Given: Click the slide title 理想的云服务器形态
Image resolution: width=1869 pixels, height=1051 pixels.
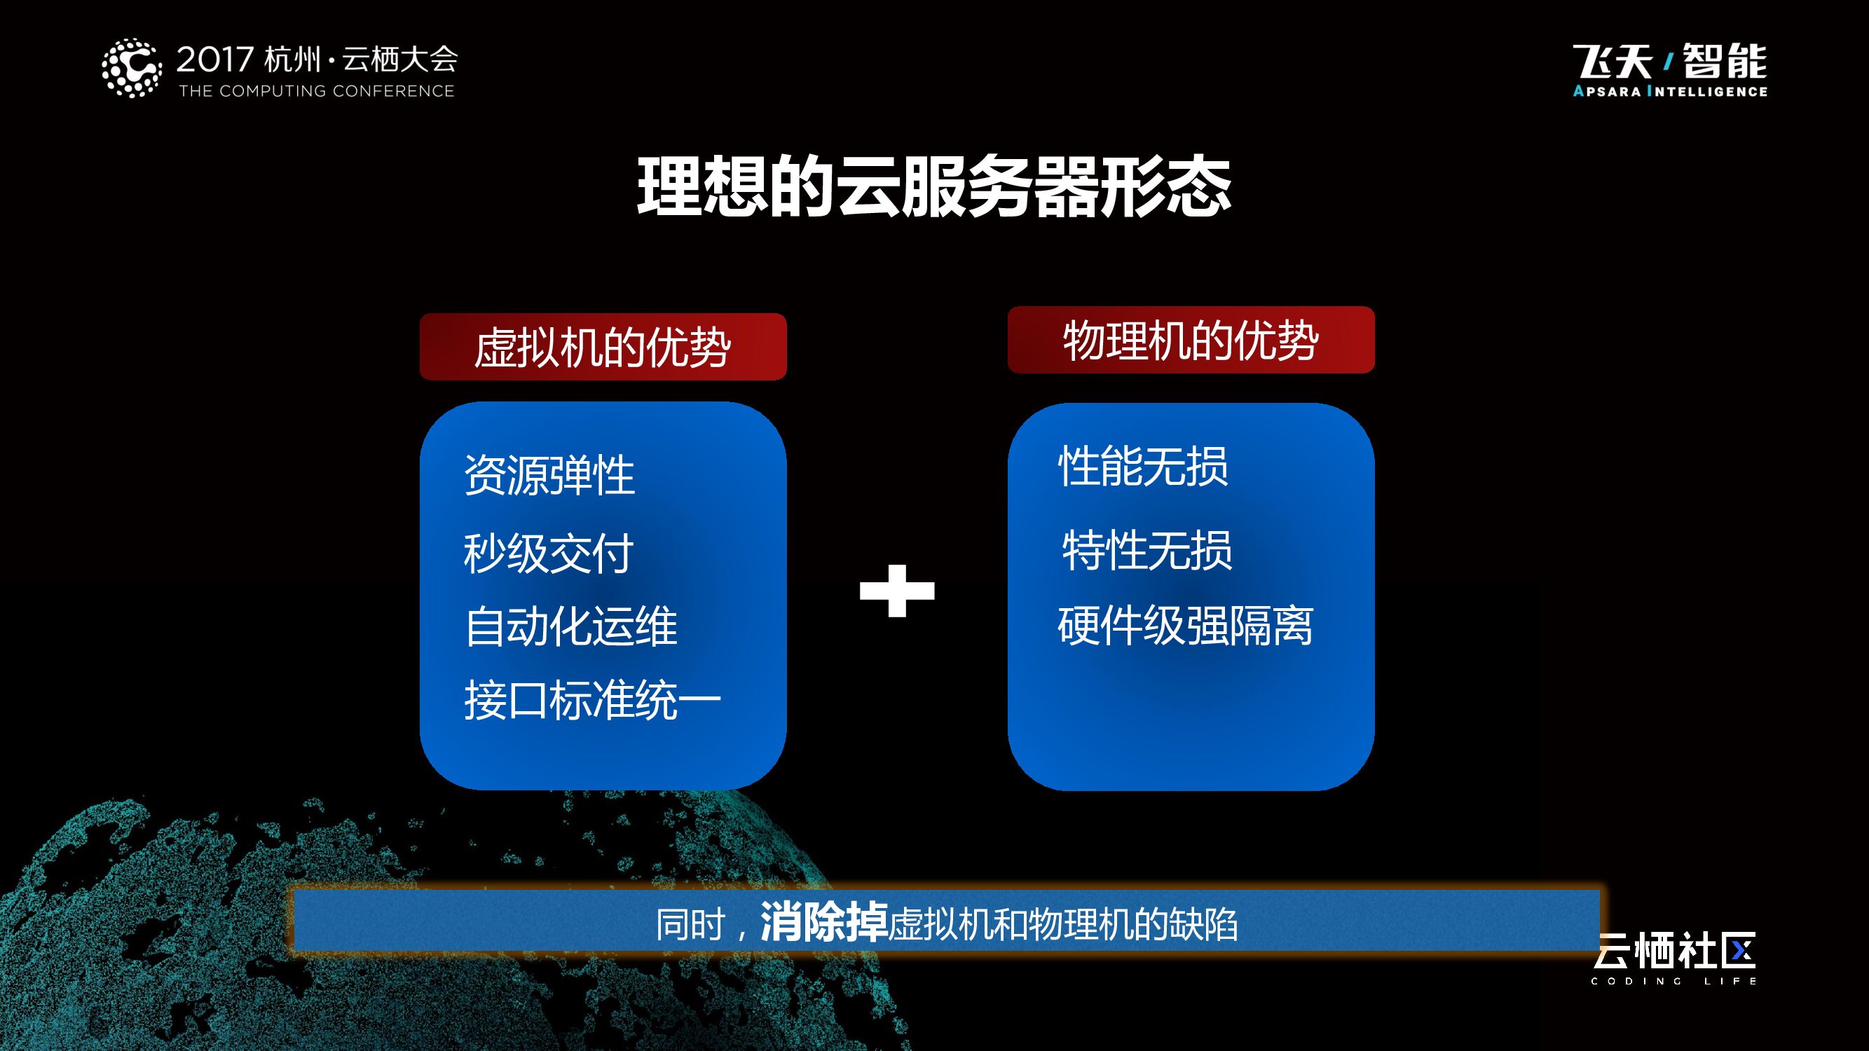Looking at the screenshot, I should coord(933,187).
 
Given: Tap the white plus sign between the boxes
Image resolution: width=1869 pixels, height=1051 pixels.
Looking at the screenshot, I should coord(897,591).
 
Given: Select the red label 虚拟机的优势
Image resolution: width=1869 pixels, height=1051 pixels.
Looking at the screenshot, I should coord(603,348).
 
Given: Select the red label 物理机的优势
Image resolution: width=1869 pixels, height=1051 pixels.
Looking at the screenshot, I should coord(1191,341).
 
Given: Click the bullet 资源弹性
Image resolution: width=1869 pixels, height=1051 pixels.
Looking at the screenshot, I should coord(549,476).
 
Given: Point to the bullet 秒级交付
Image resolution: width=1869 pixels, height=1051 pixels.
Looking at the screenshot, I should coord(549,554).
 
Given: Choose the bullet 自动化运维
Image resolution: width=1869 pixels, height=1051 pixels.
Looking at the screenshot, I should coord(571,626).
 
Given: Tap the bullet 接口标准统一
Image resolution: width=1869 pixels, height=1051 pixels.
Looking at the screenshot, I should coord(592,701).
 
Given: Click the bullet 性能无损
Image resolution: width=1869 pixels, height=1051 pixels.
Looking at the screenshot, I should coord(1143,466).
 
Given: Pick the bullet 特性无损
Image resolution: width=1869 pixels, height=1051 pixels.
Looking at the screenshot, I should coord(1146,550).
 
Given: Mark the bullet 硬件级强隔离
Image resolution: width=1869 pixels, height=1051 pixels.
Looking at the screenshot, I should coord(1185,625).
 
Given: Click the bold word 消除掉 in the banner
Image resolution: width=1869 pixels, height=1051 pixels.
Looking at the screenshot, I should coord(823,923).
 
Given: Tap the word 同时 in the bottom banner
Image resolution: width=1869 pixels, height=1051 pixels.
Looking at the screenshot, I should coord(690,925).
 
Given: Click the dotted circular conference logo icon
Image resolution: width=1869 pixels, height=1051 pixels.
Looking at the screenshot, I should coord(131,68).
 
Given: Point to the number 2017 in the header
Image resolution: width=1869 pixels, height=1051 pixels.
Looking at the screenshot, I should coord(214,60).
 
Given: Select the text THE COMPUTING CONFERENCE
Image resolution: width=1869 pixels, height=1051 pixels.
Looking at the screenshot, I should coord(316,91).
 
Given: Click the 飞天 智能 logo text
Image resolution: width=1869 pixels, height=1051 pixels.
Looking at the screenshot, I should coord(1670,61).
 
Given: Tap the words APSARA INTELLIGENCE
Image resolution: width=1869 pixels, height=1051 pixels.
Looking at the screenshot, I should coord(1670,91).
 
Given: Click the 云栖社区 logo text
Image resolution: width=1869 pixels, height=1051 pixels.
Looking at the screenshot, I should coord(1675,951).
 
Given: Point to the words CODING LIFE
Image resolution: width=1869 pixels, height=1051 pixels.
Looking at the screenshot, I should coord(1673,982).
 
